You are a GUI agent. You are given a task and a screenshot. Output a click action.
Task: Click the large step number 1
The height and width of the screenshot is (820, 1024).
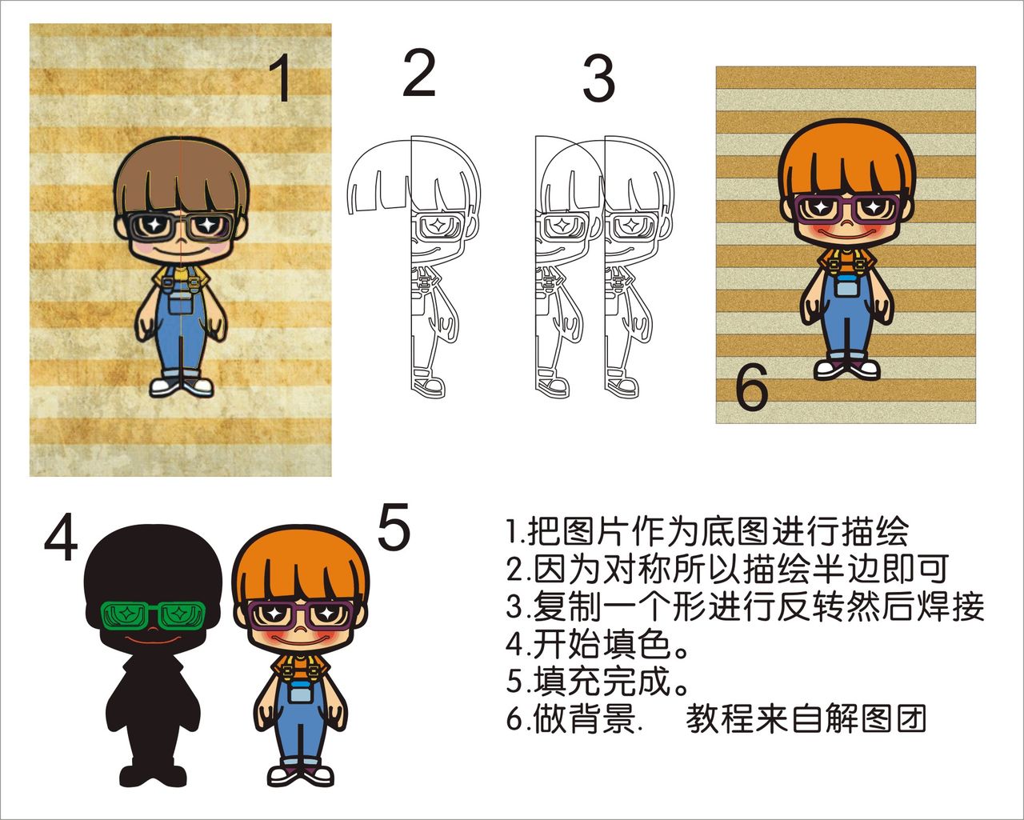click(x=280, y=78)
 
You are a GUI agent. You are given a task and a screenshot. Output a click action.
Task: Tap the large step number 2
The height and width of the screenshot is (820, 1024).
click(x=418, y=74)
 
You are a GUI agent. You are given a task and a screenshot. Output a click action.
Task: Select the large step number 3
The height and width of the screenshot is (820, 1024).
click(x=598, y=78)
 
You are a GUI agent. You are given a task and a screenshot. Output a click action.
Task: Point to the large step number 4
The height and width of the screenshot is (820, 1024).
click(x=61, y=538)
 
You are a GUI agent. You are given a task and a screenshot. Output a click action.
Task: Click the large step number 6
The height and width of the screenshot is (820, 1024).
click(x=751, y=390)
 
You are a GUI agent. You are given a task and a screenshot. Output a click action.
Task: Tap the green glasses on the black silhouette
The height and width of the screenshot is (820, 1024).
click(x=153, y=615)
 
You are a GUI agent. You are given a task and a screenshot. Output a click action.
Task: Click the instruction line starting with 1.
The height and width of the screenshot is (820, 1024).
click(x=707, y=530)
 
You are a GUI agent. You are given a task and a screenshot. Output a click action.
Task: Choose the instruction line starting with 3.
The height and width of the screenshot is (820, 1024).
click(x=745, y=606)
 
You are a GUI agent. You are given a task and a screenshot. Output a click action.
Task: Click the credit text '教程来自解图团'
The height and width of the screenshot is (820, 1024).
click(x=806, y=719)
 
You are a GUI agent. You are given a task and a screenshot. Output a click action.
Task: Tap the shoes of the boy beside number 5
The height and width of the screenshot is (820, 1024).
click(x=300, y=774)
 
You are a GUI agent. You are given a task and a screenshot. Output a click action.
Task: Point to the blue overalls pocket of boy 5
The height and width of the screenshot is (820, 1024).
click(x=300, y=693)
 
